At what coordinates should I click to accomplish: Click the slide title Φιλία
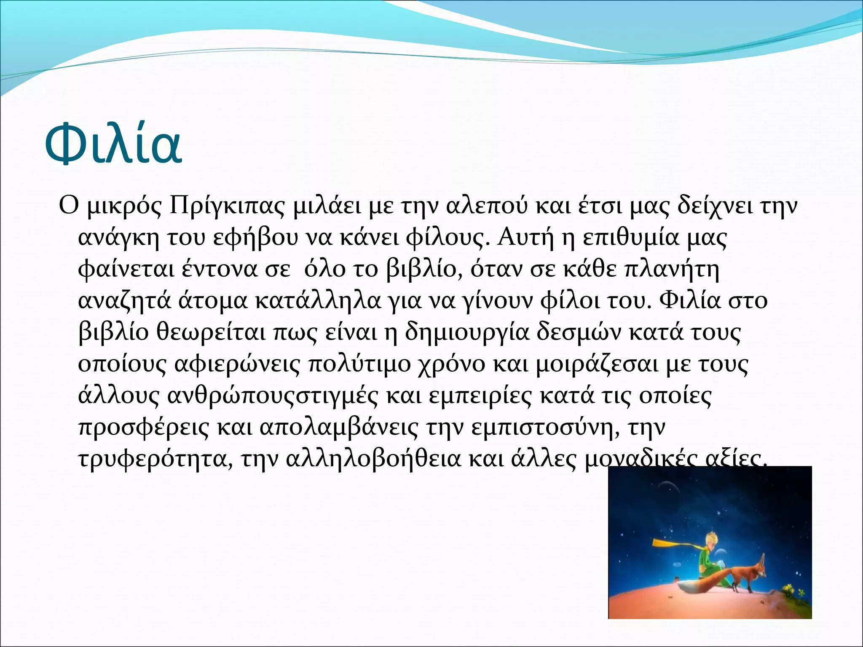pos(113,143)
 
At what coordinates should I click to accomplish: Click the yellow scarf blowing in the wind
pos(674,544)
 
